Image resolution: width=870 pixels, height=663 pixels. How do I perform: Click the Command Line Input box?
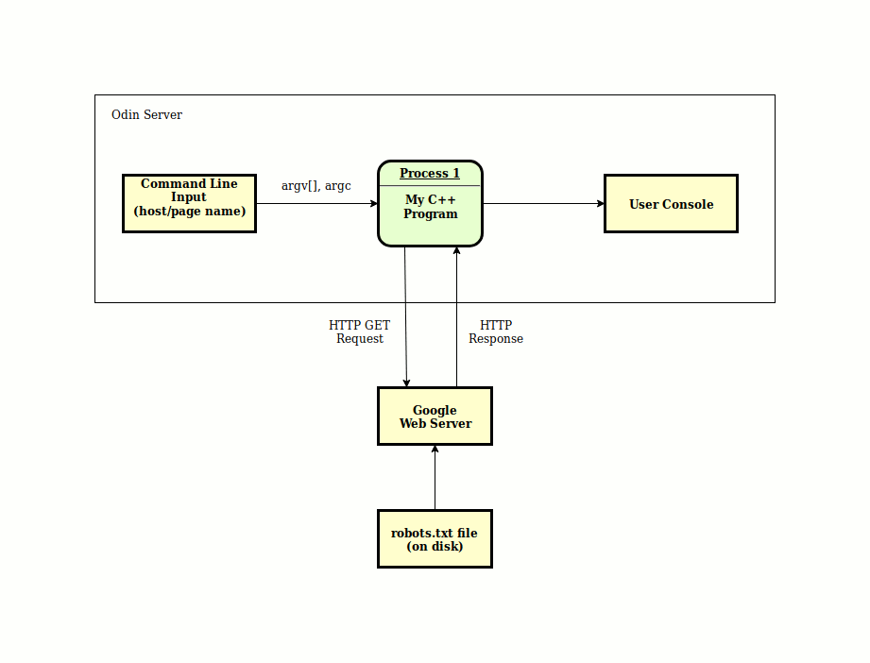(189, 204)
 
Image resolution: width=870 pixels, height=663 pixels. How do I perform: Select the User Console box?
(671, 204)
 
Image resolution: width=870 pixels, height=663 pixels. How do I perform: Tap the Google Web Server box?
(435, 416)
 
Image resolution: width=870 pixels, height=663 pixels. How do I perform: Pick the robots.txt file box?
(435, 538)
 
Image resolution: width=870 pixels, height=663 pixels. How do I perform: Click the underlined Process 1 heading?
(430, 173)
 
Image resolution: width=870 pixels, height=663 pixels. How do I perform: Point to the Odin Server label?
(146, 115)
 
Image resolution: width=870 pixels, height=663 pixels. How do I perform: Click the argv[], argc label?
(316, 186)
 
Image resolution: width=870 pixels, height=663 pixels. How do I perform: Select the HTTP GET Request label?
(360, 331)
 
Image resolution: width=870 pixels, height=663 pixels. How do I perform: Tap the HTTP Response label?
(496, 331)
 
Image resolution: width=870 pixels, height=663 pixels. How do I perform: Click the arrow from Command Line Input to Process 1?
(316, 204)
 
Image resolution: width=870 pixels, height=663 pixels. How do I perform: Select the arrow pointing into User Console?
(544, 204)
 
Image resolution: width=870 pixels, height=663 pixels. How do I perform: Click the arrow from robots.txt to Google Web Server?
(435, 477)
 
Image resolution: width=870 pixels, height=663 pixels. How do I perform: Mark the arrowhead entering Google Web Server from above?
(407, 382)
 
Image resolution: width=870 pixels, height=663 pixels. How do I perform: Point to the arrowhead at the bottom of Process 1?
(456, 250)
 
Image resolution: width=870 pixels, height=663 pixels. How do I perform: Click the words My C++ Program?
(431, 207)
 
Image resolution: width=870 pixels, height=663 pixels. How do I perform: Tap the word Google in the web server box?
(435, 411)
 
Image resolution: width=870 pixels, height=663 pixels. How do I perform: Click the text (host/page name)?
(190, 212)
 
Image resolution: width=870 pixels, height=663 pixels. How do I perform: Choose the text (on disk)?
(435, 547)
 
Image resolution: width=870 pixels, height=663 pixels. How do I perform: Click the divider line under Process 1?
(430, 186)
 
